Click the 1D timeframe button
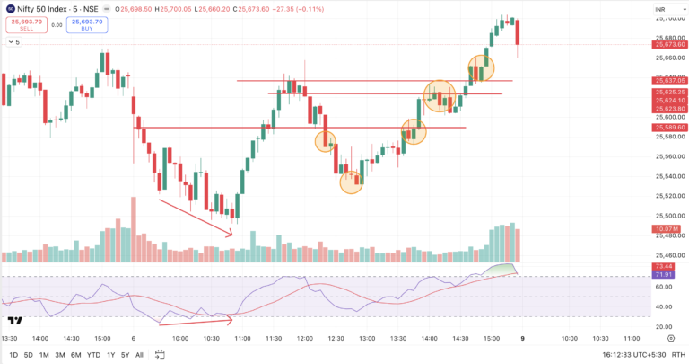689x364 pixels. [13, 355]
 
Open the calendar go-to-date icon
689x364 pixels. [160, 355]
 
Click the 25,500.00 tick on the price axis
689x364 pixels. [665, 216]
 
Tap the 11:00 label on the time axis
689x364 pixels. [242, 339]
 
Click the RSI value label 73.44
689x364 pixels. [665, 268]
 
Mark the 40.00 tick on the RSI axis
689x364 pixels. [665, 306]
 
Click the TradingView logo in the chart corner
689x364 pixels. [14, 320]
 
